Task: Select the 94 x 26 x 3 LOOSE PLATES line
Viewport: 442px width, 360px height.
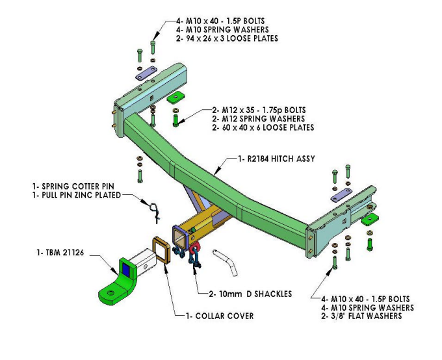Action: click(227, 38)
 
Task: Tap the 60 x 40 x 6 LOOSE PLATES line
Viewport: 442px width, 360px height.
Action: click(263, 127)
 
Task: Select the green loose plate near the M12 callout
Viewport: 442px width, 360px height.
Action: click(174, 98)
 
